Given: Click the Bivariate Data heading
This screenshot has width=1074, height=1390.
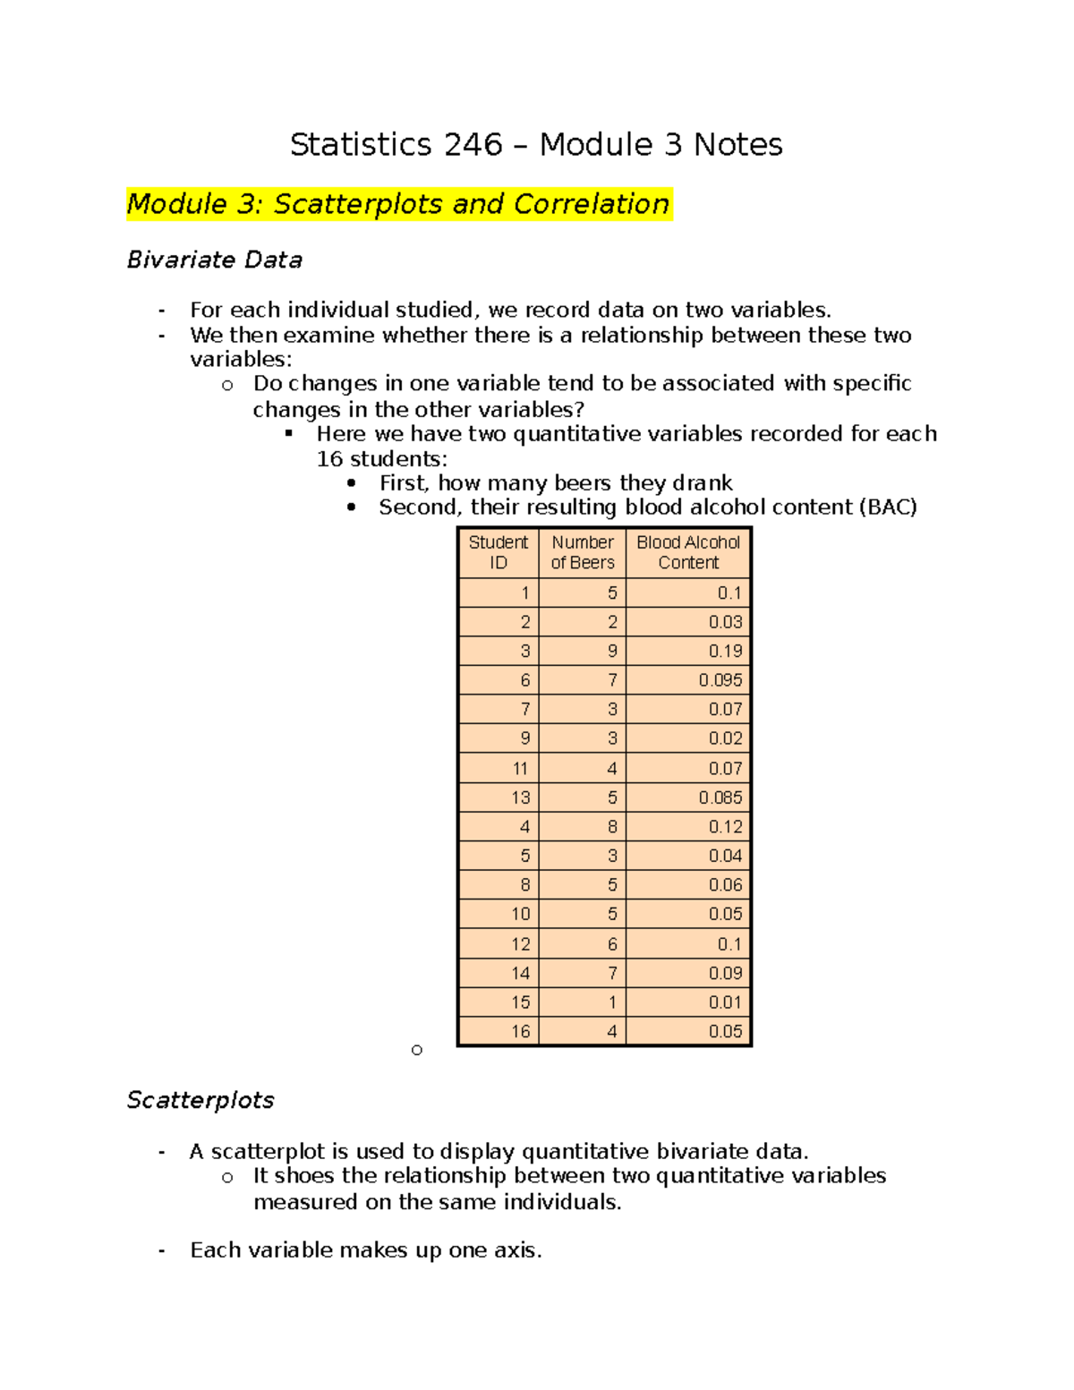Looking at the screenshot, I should click(x=215, y=260).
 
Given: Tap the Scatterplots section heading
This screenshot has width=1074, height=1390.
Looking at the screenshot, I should click(x=200, y=1100).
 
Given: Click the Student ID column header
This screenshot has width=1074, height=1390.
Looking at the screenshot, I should click(x=499, y=552).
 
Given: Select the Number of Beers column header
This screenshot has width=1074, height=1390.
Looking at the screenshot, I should click(x=583, y=552).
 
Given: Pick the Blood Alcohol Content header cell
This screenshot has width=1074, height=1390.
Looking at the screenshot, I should click(x=688, y=552).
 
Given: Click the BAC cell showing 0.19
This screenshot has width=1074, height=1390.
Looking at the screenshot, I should click(x=725, y=651).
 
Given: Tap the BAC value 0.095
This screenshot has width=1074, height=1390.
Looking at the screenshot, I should click(x=720, y=680).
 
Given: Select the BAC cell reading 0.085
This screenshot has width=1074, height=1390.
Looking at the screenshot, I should click(x=720, y=797).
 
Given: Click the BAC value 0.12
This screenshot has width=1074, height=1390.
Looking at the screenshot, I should click(x=725, y=827).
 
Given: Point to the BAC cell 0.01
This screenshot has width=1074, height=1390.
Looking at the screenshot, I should click(x=725, y=1002).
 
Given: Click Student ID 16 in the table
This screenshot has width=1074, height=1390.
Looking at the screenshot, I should click(x=521, y=1031).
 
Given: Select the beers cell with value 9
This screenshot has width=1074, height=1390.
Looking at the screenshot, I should click(x=612, y=651).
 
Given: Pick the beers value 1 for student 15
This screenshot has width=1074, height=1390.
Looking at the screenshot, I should click(x=612, y=1002).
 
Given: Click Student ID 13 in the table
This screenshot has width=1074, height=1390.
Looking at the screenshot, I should click(x=521, y=797).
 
